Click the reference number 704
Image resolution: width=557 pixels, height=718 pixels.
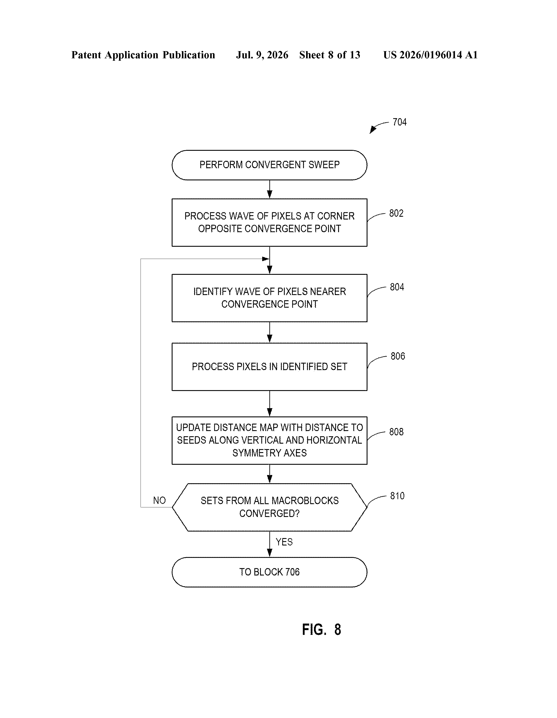pos(399,122)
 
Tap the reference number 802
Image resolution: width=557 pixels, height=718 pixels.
pos(396,213)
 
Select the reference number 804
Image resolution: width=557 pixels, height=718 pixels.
pos(397,287)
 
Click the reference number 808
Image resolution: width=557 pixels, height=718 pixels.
pos(396,432)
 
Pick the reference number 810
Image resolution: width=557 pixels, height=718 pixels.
pos(397,496)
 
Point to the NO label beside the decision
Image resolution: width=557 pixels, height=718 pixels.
pos(159,500)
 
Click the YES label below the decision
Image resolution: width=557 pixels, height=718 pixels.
pos(284,542)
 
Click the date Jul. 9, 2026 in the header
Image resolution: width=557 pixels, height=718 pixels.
pos(262,55)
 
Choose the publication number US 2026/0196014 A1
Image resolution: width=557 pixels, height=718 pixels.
pos(430,55)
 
